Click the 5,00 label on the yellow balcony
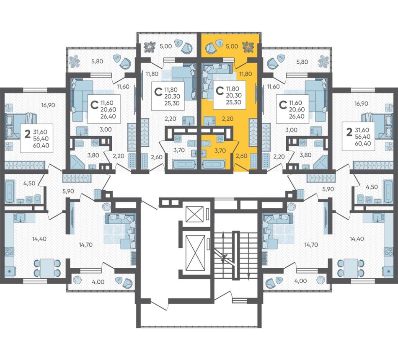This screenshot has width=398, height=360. point(232,46)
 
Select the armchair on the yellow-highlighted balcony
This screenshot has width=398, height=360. point(211,48)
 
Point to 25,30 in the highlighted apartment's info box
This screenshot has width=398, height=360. point(233,102)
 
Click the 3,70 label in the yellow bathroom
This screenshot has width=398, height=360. point(220,150)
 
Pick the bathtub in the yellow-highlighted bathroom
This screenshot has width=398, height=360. point(213,164)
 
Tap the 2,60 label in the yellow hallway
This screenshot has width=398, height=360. point(241,155)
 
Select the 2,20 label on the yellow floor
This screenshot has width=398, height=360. point(227,119)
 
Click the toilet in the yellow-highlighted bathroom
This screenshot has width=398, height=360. point(207,144)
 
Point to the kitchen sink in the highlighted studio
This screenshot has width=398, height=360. point(209,120)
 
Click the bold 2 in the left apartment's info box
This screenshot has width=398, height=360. point(27,133)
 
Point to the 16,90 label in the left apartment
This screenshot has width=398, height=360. point(48,105)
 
